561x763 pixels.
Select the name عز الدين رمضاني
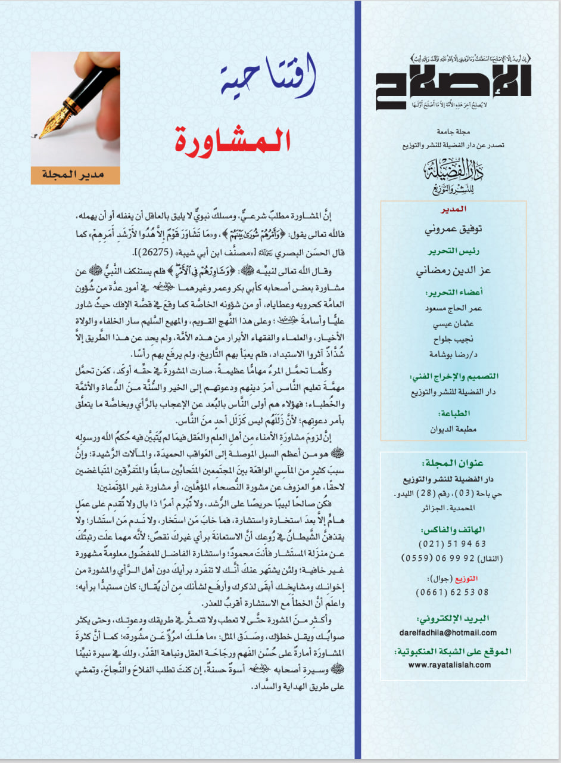(x=453, y=272)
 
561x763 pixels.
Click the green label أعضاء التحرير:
(x=453, y=293)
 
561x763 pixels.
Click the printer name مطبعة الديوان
(x=453, y=428)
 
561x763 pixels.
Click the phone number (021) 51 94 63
(x=453, y=544)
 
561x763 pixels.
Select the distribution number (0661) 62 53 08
(x=453, y=592)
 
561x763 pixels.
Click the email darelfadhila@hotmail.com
(x=453, y=632)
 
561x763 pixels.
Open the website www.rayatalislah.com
(x=453, y=663)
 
